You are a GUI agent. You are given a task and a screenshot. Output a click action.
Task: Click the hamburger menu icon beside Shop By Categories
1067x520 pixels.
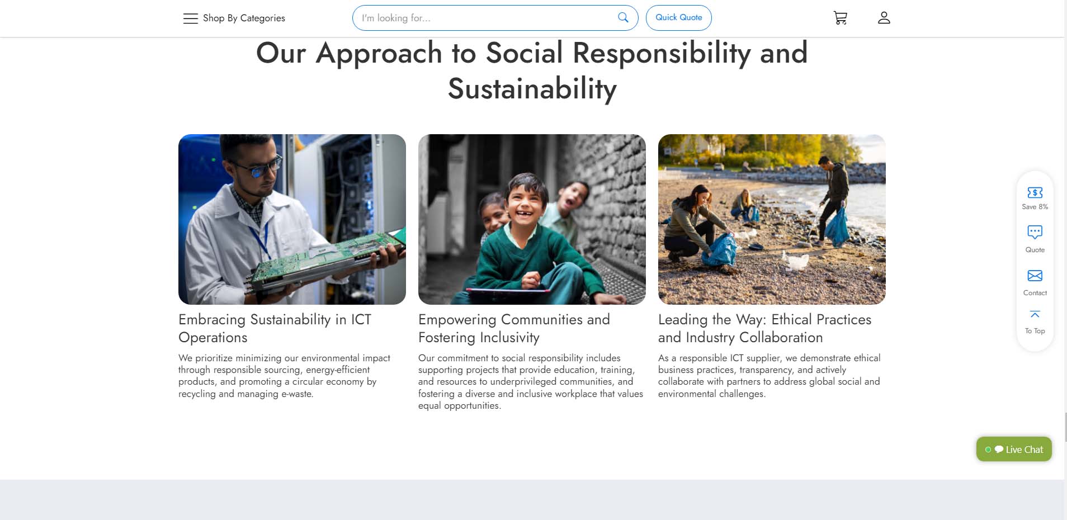[x=190, y=18]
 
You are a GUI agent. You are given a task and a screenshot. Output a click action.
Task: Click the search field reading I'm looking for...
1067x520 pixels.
[x=487, y=18]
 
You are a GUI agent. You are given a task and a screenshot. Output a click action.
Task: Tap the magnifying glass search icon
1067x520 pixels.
[x=623, y=17]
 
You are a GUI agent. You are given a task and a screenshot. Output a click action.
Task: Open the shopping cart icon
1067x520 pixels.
[x=840, y=18]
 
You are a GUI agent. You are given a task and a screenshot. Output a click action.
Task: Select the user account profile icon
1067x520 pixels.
[x=884, y=18]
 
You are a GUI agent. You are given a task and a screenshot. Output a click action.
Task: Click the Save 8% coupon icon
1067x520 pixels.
[x=1035, y=192]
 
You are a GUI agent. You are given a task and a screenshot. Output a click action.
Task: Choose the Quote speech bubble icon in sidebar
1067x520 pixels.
[x=1035, y=232]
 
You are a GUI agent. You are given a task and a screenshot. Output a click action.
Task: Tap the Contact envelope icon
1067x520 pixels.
[x=1035, y=276]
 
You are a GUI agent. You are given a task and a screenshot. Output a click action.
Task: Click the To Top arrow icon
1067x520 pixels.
[x=1035, y=314]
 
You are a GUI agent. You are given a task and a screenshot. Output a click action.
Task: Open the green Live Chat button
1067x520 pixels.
[x=1014, y=449]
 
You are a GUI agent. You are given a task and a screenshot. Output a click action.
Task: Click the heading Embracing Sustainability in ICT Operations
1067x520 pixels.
[x=275, y=328]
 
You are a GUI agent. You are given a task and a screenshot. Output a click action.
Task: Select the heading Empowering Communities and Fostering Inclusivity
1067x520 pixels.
[x=514, y=328]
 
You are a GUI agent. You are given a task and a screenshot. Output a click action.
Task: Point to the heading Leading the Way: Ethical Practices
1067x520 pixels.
[x=764, y=319]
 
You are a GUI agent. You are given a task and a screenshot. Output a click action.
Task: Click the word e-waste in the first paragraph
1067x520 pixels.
[x=297, y=394]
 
